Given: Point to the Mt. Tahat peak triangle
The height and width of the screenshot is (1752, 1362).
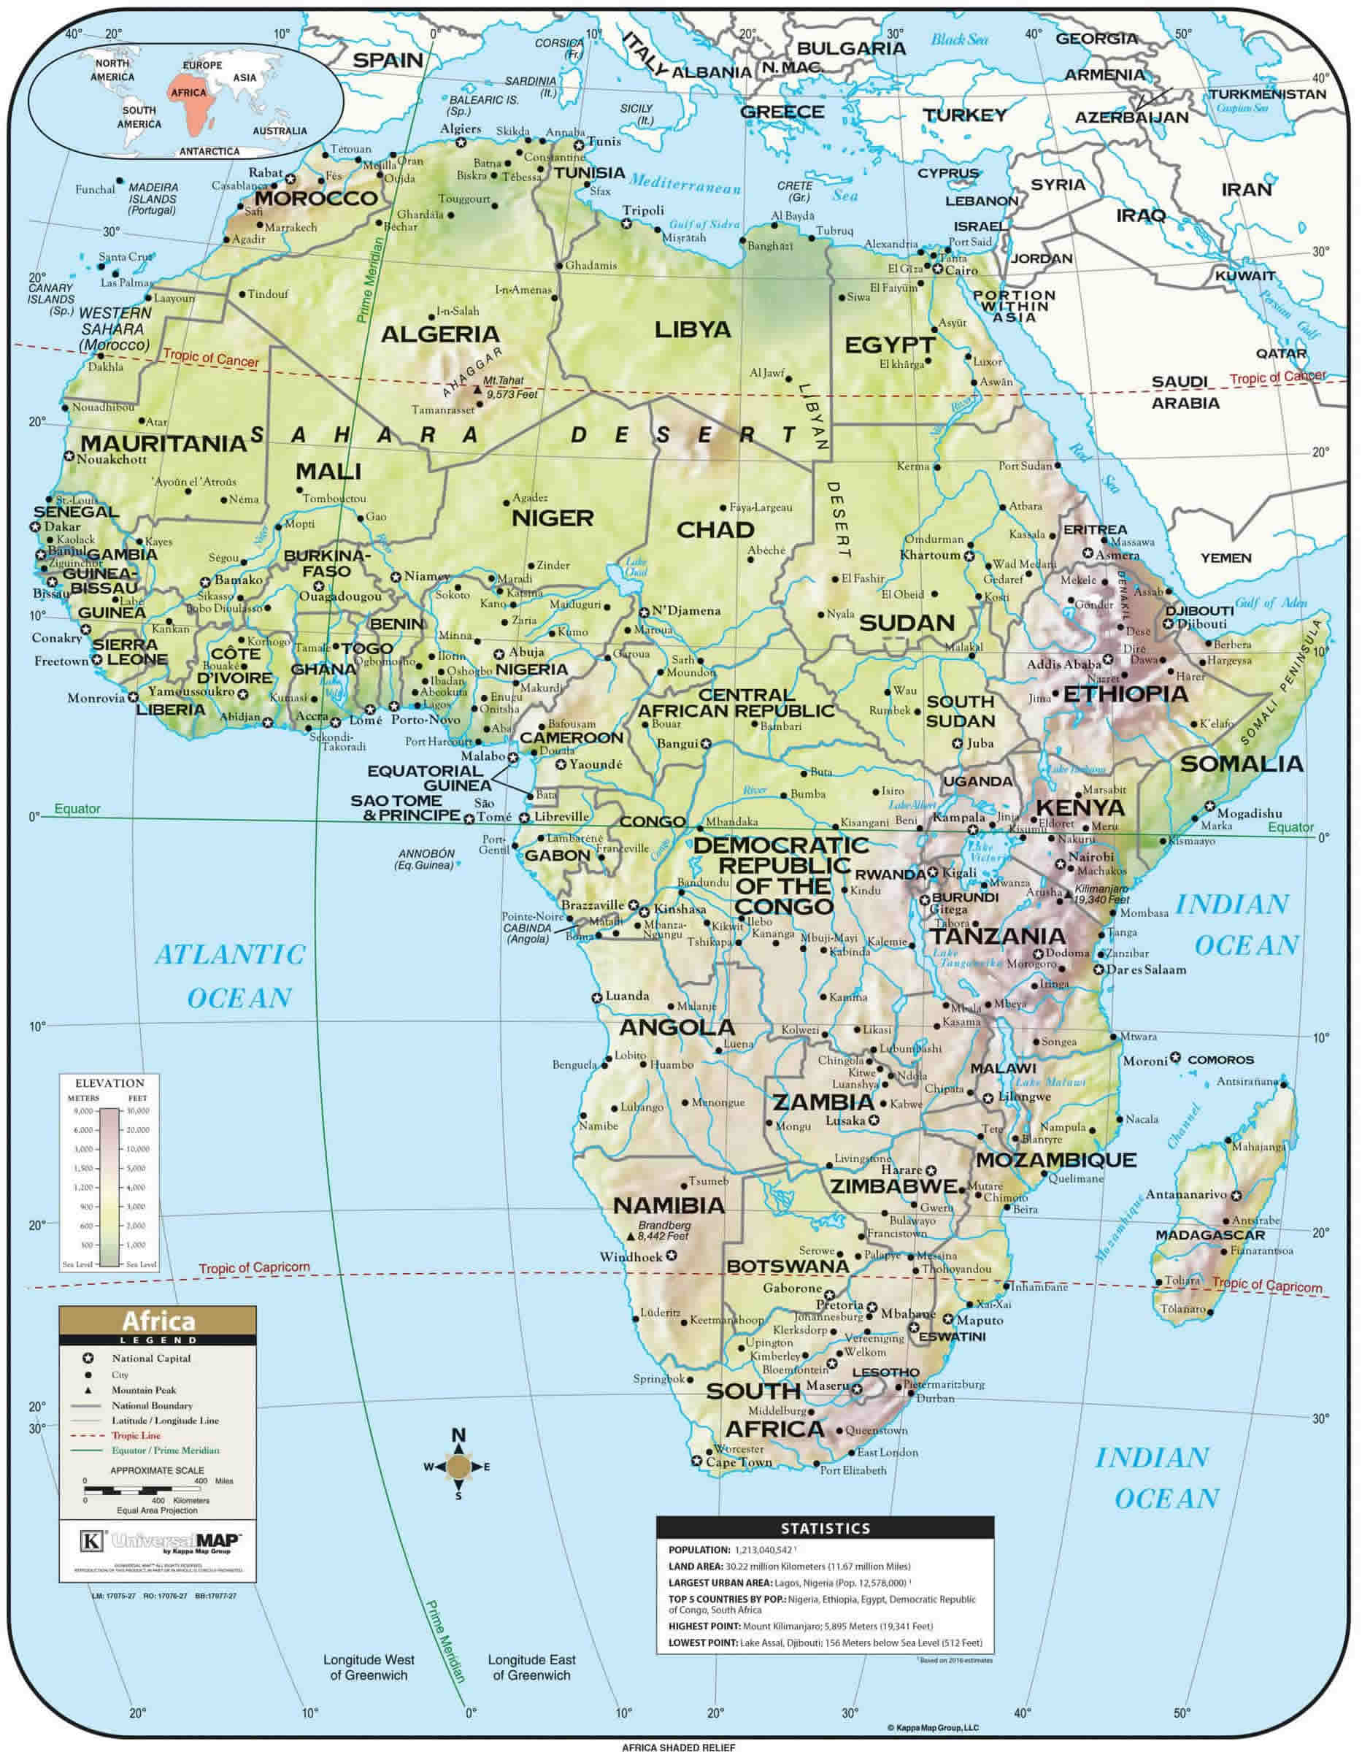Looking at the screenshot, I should (x=478, y=390).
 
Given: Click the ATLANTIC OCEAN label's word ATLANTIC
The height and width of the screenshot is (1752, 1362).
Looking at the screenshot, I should (x=230, y=955).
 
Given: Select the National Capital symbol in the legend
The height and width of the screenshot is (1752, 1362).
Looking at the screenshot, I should (x=88, y=1358).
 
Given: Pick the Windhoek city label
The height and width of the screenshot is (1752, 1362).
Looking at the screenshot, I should (x=631, y=1257).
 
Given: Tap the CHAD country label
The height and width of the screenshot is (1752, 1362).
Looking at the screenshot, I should (x=715, y=529).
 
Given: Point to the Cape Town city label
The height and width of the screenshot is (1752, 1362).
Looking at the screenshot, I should (x=739, y=1462).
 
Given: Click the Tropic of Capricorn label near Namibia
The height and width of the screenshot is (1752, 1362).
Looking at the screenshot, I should (x=253, y=1268).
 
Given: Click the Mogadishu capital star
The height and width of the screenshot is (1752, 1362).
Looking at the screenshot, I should (x=1209, y=805).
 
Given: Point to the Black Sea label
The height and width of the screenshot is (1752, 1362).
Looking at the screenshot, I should (x=959, y=39).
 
